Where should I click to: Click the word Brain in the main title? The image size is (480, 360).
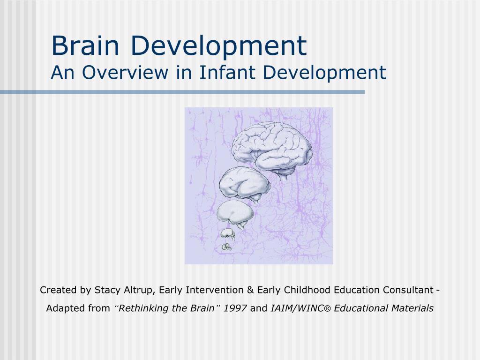[x=85, y=45]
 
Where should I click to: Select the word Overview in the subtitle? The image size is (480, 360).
[x=125, y=72]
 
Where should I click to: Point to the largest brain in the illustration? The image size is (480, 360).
[x=272, y=150]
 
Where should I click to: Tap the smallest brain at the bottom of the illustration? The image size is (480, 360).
[x=226, y=247]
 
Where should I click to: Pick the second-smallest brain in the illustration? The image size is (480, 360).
[x=228, y=234]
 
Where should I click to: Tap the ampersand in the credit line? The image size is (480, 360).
[x=250, y=290]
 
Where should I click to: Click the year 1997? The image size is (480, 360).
[x=235, y=308]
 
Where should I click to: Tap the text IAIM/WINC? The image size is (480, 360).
[x=297, y=308]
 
